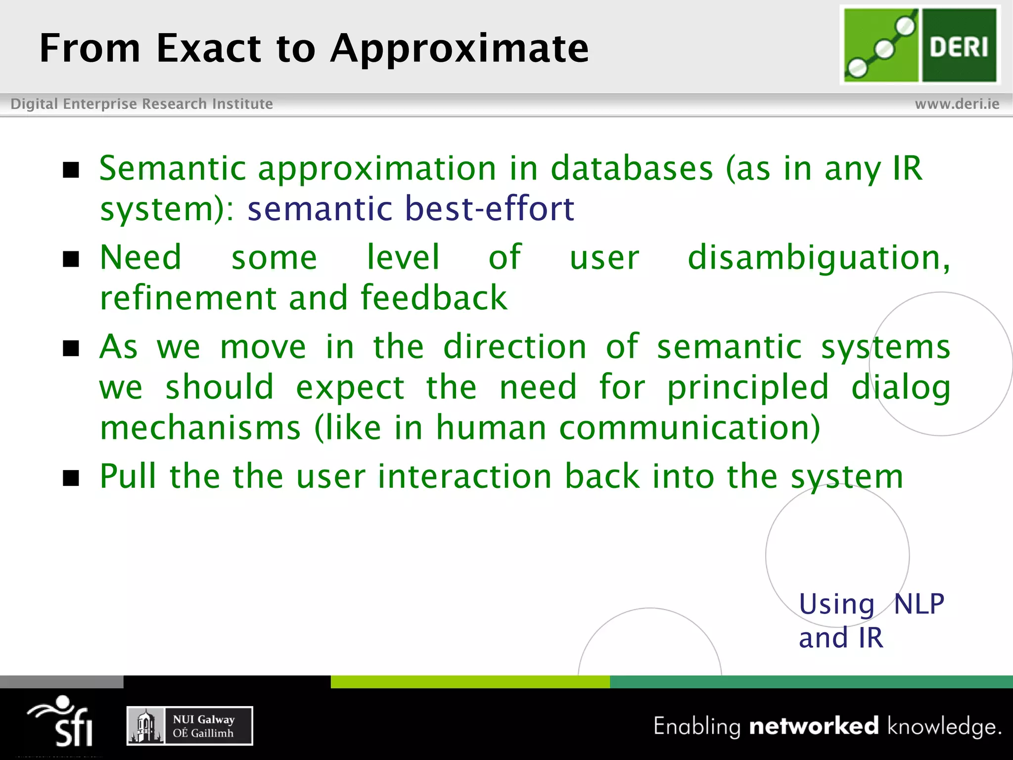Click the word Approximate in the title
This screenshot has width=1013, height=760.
pyautogui.click(x=460, y=48)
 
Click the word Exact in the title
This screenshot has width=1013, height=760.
pyautogui.click(x=209, y=48)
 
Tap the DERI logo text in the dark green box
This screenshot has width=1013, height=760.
pyautogui.click(x=959, y=47)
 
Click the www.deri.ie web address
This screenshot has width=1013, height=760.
pyautogui.click(x=957, y=104)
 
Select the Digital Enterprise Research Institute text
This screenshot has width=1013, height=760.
pyautogui.click(x=142, y=104)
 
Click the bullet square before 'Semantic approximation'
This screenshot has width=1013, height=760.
pyautogui.click(x=71, y=170)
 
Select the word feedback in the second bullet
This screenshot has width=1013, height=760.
pyautogui.click(x=434, y=298)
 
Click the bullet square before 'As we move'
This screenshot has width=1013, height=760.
pyautogui.click(x=71, y=348)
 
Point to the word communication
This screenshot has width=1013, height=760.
pyautogui.click(x=689, y=428)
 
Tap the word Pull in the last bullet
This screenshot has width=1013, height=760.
pyautogui.click(x=128, y=476)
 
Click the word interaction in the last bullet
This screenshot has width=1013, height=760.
pyautogui.click(x=464, y=476)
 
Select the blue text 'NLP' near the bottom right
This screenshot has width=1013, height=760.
pyautogui.click(x=919, y=604)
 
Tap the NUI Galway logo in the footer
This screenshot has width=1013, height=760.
pyautogui.click(x=190, y=726)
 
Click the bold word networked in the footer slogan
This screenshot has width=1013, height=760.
pyautogui.click(x=814, y=726)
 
